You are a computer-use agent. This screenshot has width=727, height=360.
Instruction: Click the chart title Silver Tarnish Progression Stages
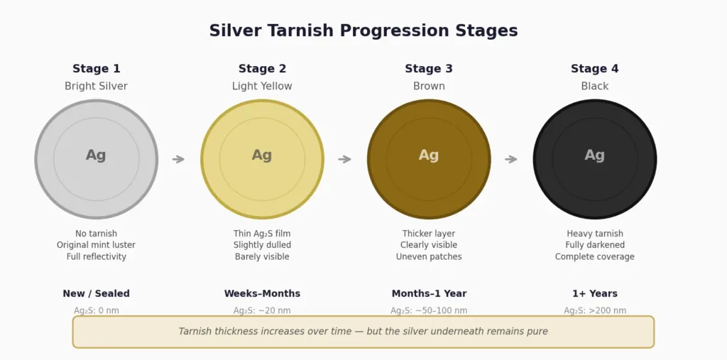pyautogui.click(x=363, y=31)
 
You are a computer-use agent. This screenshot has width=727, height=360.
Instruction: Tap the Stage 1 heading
pyautogui.click(x=96, y=69)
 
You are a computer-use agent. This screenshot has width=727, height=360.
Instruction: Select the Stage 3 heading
pyautogui.click(x=429, y=69)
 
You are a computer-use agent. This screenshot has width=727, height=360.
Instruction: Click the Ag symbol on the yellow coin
pyautogui.click(x=262, y=156)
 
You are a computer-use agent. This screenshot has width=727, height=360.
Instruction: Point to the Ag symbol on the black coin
pyautogui.click(x=594, y=156)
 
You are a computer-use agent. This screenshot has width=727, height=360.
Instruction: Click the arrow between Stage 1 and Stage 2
pyautogui.click(x=179, y=159)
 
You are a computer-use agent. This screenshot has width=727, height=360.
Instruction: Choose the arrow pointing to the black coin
pyautogui.click(x=511, y=159)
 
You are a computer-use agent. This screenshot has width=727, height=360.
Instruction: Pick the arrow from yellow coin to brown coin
pyautogui.click(x=345, y=159)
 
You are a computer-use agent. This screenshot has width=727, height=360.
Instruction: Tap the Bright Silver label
pyautogui.click(x=96, y=87)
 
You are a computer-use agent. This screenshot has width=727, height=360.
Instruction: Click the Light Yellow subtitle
pyautogui.click(x=262, y=87)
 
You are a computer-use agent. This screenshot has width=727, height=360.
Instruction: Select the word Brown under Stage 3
pyautogui.click(x=429, y=87)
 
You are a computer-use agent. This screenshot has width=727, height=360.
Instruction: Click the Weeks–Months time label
pyautogui.click(x=262, y=294)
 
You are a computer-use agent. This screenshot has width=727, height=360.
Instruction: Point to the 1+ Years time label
pyautogui.click(x=594, y=294)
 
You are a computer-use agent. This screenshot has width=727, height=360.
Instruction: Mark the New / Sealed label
pyautogui.click(x=96, y=294)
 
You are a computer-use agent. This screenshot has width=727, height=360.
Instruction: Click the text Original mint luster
pyautogui.click(x=96, y=245)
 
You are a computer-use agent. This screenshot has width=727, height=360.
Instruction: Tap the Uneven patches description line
pyautogui.click(x=429, y=257)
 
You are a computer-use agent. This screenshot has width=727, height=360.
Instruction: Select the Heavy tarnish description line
pyautogui.click(x=594, y=234)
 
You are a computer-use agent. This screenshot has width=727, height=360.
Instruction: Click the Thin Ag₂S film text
pyautogui.click(x=262, y=234)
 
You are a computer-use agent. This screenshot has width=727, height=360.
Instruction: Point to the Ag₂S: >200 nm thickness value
pyautogui.click(x=594, y=310)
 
